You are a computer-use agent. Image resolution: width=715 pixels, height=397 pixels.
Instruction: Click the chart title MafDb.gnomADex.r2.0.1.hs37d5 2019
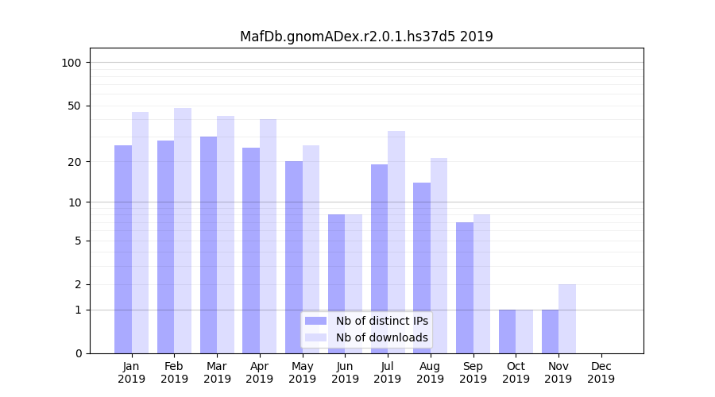[366, 37]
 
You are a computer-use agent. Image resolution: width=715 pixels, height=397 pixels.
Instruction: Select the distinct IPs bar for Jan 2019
[123, 249]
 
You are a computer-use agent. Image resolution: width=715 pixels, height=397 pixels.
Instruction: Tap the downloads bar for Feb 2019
[183, 230]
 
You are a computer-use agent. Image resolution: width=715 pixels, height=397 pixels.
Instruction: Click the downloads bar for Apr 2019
[268, 236]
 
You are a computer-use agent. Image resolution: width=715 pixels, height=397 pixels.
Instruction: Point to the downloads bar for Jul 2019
[396, 242]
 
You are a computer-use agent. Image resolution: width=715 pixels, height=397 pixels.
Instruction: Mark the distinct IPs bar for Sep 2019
[465, 287]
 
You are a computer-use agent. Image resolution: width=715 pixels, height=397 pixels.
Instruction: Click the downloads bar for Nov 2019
[567, 318]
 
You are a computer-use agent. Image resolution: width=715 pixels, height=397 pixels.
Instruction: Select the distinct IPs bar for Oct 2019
[507, 331]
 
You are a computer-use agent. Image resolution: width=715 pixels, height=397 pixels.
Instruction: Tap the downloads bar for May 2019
[311, 249]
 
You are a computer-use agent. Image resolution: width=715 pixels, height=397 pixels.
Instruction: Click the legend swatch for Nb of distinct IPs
[316, 321]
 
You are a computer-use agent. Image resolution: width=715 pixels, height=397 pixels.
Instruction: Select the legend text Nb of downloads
[381, 337]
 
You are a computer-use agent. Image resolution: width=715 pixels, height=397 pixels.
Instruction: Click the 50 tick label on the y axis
[75, 106]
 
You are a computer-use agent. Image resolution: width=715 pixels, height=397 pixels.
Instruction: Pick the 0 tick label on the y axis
[78, 353]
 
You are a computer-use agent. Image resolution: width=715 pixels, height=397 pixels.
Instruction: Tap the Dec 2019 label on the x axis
[601, 372]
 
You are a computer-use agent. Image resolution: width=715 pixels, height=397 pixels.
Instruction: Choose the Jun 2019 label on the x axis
[345, 372]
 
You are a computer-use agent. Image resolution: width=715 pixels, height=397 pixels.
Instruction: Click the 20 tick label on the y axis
[75, 162]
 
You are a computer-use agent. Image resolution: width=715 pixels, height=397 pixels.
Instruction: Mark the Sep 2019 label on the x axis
[473, 372]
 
